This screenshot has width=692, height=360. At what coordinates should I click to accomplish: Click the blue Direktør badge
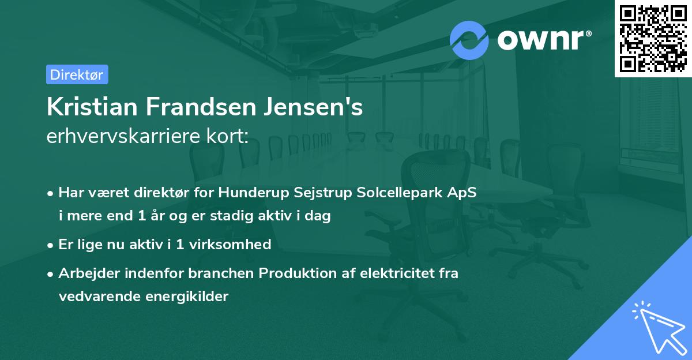coord(77,74)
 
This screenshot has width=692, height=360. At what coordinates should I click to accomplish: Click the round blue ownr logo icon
coord(469,40)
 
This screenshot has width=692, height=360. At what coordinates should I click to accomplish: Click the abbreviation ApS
coord(462,193)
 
